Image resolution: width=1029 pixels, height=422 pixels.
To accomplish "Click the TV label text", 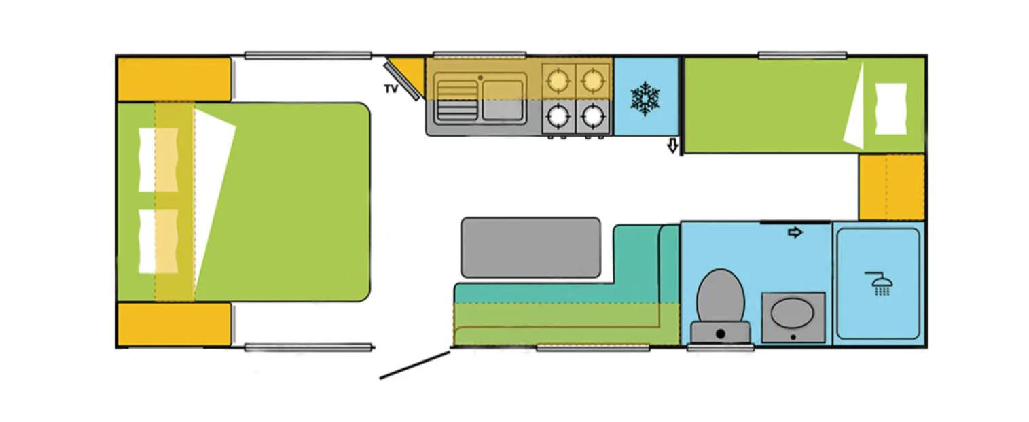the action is (391, 89).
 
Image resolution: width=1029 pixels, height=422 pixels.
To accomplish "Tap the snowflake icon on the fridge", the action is (645, 98).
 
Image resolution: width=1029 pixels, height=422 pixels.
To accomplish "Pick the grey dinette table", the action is (530, 247).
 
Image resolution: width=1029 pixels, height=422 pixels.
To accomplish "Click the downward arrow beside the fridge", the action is (673, 145).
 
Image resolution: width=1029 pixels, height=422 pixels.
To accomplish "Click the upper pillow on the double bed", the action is (158, 160).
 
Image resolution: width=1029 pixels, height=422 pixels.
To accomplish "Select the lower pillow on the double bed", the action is (158, 241).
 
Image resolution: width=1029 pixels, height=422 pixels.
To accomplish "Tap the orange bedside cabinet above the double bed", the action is (175, 80).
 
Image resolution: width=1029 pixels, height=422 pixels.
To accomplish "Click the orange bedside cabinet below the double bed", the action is (175, 324).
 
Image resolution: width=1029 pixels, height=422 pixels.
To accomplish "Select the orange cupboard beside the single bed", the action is (891, 187).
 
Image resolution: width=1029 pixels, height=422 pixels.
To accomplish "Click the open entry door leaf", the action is (415, 364).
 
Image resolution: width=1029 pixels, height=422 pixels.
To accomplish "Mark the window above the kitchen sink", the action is (480, 54).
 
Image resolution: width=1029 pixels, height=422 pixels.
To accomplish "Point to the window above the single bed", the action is (802, 55).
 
